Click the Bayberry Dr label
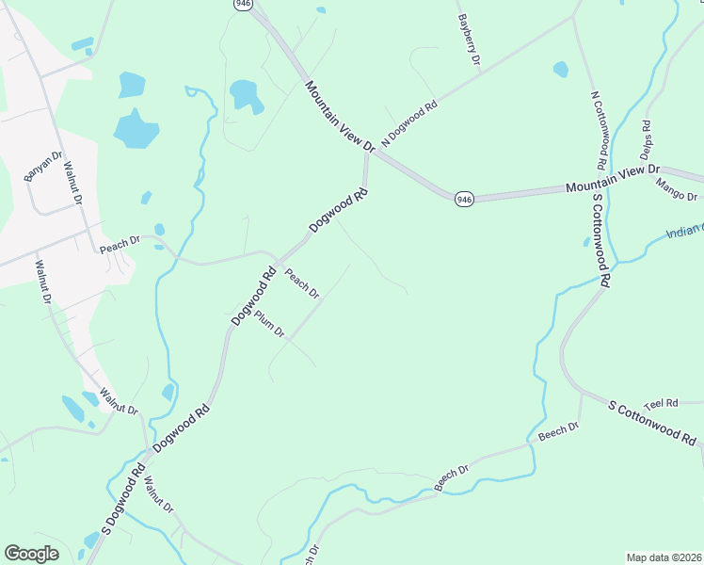point(469,39)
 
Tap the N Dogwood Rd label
point(409,122)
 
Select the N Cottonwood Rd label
point(599,125)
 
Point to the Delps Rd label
point(646,138)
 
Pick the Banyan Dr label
point(44,167)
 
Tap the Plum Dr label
point(269,326)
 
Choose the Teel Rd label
point(661,403)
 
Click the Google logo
point(31,554)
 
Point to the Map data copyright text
point(664,557)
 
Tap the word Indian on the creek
point(682,232)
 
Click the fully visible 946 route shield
point(464,200)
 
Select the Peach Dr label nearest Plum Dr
point(302,284)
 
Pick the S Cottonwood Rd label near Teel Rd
point(652,424)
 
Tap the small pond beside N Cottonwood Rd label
point(561,69)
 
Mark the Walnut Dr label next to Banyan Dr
point(72,186)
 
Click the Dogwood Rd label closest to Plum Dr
point(252,297)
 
